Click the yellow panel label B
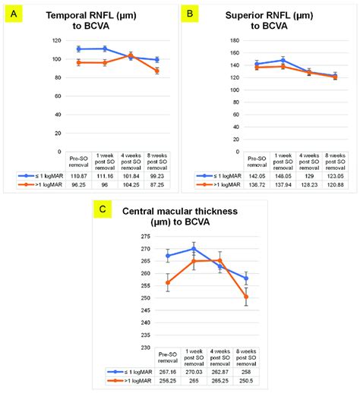(x=190, y=14)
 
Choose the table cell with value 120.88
(x=336, y=184)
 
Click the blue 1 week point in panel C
(x=194, y=248)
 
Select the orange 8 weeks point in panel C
(x=247, y=297)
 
